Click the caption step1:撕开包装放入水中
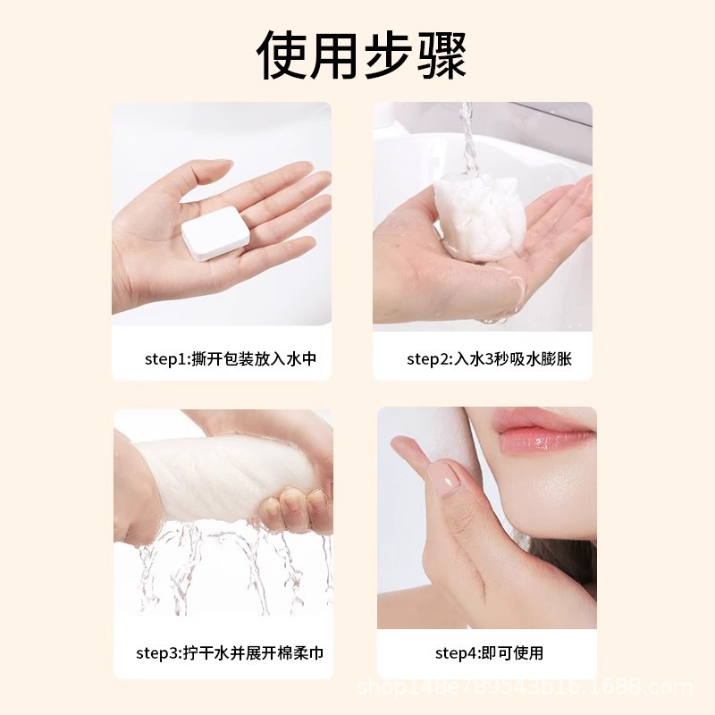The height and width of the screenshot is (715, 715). pyautogui.click(x=231, y=359)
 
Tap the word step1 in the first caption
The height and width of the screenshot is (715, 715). pyautogui.click(x=164, y=359)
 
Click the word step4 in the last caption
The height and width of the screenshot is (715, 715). pyautogui.click(x=455, y=653)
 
